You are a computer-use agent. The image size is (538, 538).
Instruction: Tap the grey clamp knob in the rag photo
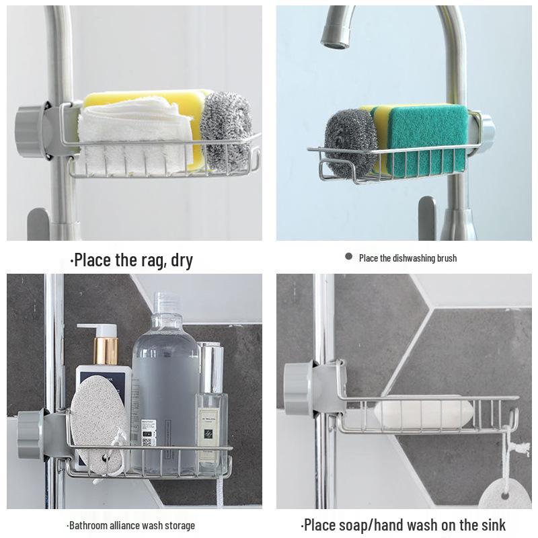click(x=31, y=130)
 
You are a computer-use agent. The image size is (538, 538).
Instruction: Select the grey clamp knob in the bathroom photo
click(x=30, y=434)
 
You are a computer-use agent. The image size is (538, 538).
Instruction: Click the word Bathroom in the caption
click(x=91, y=525)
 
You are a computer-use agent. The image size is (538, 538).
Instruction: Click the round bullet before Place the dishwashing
click(x=348, y=256)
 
